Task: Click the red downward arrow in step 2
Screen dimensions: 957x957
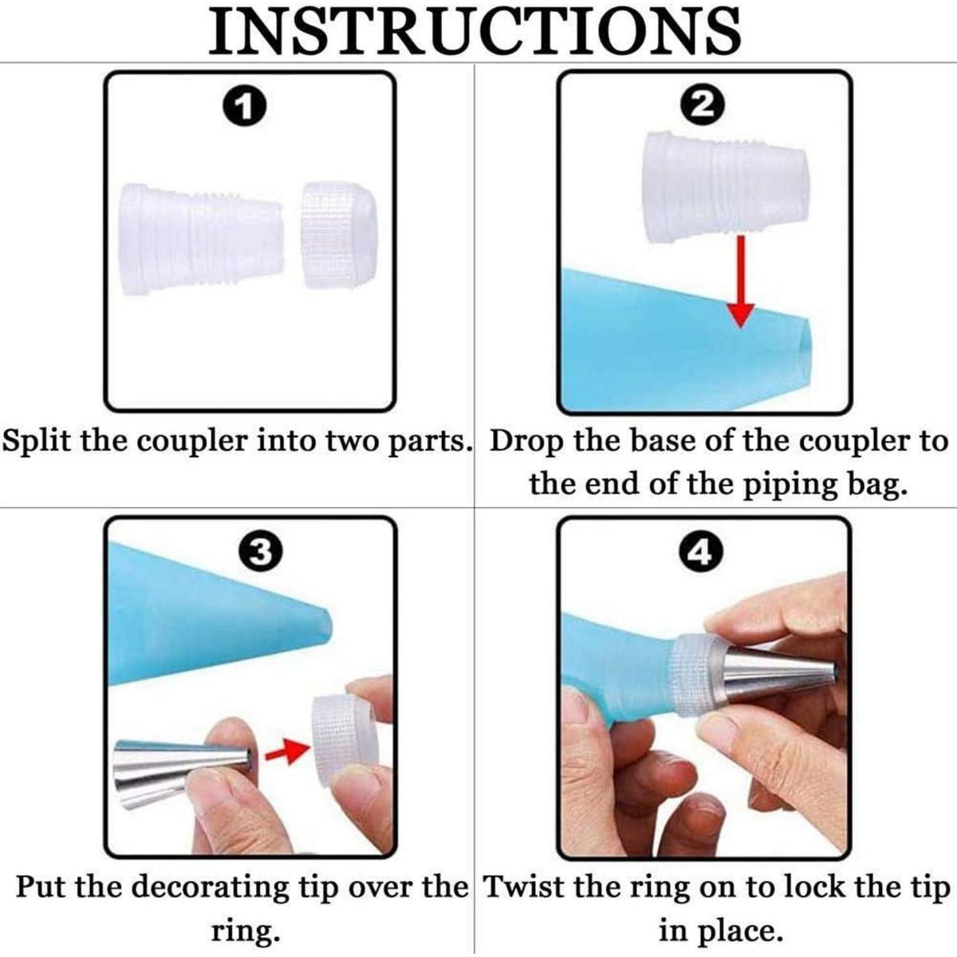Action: tap(740, 281)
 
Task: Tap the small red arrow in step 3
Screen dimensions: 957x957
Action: tap(285, 753)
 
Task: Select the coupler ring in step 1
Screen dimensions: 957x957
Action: tap(339, 235)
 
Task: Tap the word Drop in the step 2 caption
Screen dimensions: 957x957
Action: tap(527, 441)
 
